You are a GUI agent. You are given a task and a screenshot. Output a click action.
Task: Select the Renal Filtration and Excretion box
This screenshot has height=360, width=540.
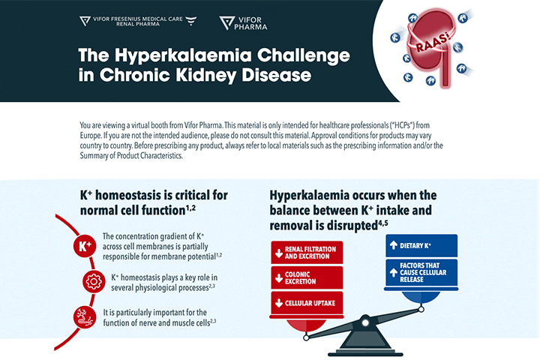307,251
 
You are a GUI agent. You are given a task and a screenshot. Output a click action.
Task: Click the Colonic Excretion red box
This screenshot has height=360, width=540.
307,277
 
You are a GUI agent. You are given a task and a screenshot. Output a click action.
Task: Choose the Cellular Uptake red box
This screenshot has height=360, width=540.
307,303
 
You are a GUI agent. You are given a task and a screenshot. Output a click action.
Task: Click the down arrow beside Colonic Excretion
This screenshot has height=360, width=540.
279,277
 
